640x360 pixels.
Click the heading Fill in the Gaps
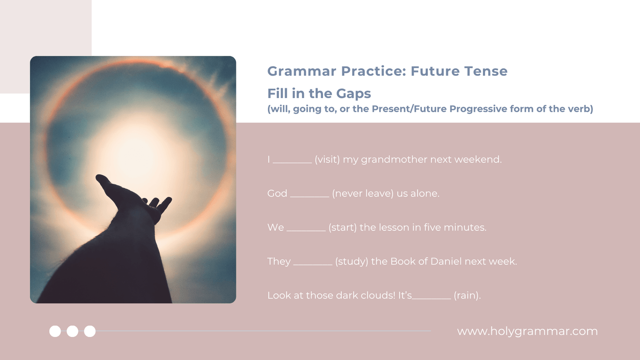[319, 93]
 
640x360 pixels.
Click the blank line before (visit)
[292, 163]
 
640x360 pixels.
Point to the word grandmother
[394, 160]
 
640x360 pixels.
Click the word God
[277, 193]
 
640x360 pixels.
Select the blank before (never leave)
[310, 197]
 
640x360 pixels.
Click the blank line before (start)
[306, 231]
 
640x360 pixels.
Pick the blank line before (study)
[313, 264]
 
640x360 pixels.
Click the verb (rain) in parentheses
[467, 296]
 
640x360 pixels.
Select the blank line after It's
[431, 299]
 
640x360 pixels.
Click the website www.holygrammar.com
[527, 331]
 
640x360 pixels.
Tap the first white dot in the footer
[55, 331]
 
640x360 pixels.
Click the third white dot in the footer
[90, 331]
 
